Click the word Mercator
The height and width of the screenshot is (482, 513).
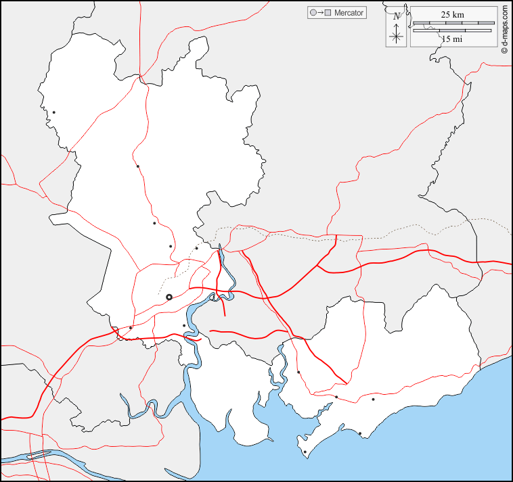pyautogui.click(x=349, y=13)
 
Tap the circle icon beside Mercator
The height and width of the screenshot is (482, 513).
pyautogui.click(x=312, y=13)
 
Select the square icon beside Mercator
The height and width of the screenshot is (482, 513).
pyautogui.click(x=328, y=13)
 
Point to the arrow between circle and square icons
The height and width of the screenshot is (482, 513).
pyautogui.click(x=320, y=13)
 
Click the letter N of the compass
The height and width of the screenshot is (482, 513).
pyautogui.click(x=397, y=16)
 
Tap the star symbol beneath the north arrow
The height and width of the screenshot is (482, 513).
pyautogui.click(x=397, y=37)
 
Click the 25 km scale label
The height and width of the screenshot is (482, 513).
pyautogui.click(x=452, y=14)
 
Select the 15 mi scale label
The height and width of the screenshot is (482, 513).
pyautogui.click(x=452, y=39)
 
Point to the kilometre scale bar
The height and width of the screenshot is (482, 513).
pyautogui.click(x=452, y=24)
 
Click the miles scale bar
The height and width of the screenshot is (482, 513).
pyautogui.click(x=452, y=30)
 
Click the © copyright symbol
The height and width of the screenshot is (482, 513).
pyautogui.click(x=504, y=51)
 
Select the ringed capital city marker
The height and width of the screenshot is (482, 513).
pyautogui.click(x=169, y=297)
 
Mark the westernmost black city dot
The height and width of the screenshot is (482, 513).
pyautogui.click(x=53, y=112)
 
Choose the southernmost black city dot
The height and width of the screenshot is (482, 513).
pyautogui.click(x=305, y=452)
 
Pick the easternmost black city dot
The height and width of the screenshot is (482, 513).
pyautogui.click(x=373, y=399)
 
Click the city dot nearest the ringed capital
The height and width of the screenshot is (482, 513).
pyautogui.click(x=183, y=325)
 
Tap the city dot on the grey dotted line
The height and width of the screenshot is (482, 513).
pyautogui.click(x=196, y=248)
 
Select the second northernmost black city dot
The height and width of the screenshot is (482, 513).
pyautogui.click(x=137, y=166)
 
